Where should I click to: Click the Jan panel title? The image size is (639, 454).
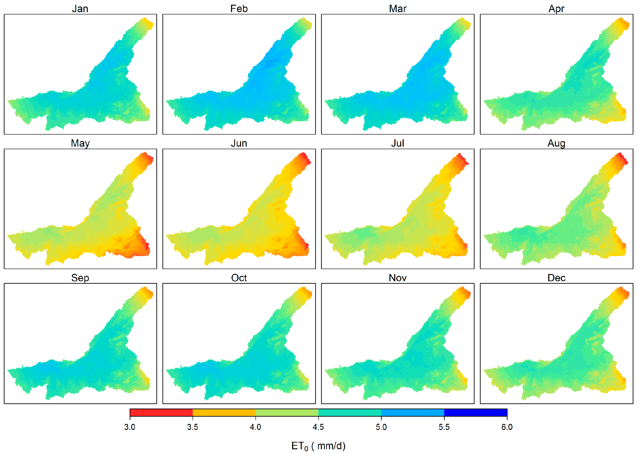point(80,9)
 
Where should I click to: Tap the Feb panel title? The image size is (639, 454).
point(239,9)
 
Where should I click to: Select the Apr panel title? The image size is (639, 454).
point(556,9)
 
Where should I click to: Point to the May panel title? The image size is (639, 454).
point(80,143)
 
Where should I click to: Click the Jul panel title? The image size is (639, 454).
point(397,143)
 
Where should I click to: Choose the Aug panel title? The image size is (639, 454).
point(556,143)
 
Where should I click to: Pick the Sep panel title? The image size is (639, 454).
point(80,278)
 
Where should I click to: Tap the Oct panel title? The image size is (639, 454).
point(239,278)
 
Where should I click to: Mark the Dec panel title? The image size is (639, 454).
point(556,278)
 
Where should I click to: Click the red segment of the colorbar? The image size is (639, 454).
point(161,412)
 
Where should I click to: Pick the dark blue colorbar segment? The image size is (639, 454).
point(475,412)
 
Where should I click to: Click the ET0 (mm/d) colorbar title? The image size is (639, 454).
point(318,446)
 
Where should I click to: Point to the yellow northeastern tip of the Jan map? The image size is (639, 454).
point(149,24)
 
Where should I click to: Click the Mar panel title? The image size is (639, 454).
point(397,9)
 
